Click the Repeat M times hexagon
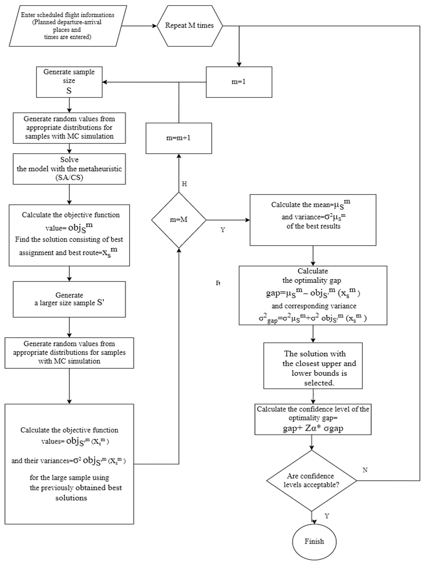[189, 26]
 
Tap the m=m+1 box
[179, 138]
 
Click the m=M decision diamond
[179, 220]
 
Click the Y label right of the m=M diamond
[223, 230]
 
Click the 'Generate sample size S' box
[69, 82]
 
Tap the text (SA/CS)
[69, 178]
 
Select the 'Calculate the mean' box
[313, 220]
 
